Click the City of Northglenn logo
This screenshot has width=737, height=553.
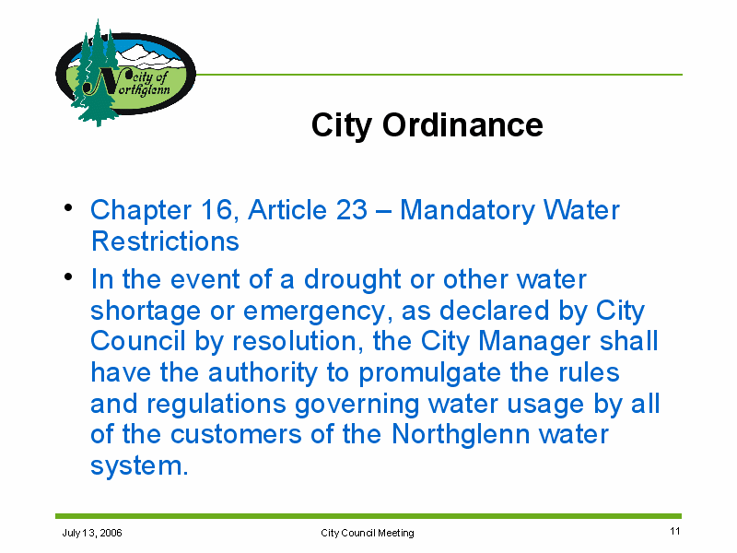125,73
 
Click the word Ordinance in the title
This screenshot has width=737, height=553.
462,125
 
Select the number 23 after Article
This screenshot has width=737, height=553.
352,209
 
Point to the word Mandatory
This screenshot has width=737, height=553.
467,210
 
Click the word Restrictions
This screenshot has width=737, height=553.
165,241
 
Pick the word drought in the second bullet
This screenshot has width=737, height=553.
352,280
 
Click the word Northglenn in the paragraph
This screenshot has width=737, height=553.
461,434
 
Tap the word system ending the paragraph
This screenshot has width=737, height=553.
139,466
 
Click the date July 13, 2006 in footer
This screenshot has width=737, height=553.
92,533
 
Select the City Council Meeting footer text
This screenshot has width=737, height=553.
367,533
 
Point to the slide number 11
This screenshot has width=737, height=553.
675,532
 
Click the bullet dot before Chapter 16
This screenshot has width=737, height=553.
68,207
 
